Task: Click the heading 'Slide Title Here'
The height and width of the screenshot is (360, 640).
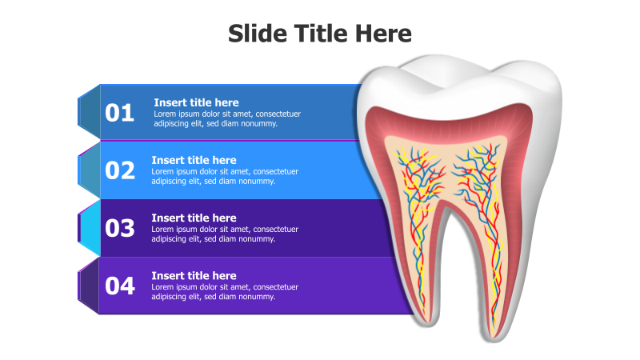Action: click(x=320, y=34)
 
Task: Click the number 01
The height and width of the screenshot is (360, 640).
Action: click(x=120, y=114)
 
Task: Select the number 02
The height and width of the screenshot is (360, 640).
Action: click(x=120, y=170)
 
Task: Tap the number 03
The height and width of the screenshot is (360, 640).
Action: click(x=120, y=228)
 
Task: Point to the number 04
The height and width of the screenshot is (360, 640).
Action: click(x=120, y=286)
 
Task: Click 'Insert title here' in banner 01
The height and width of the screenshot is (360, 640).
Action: click(x=196, y=102)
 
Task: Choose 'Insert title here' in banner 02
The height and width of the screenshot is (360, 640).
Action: click(x=194, y=160)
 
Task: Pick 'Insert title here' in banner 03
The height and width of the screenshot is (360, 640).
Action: click(x=194, y=218)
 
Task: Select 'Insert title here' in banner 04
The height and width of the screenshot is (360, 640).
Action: click(x=194, y=275)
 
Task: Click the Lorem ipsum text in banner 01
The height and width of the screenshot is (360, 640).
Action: click(x=227, y=118)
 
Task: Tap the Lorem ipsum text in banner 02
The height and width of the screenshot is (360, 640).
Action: click(x=225, y=176)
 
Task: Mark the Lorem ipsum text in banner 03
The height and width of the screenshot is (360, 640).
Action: click(x=225, y=234)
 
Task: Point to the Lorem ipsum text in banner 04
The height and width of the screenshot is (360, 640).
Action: click(x=225, y=291)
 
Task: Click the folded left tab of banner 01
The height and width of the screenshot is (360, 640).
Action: click(x=89, y=112)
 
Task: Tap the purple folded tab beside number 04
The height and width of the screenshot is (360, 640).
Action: click(x=89, y=286)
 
